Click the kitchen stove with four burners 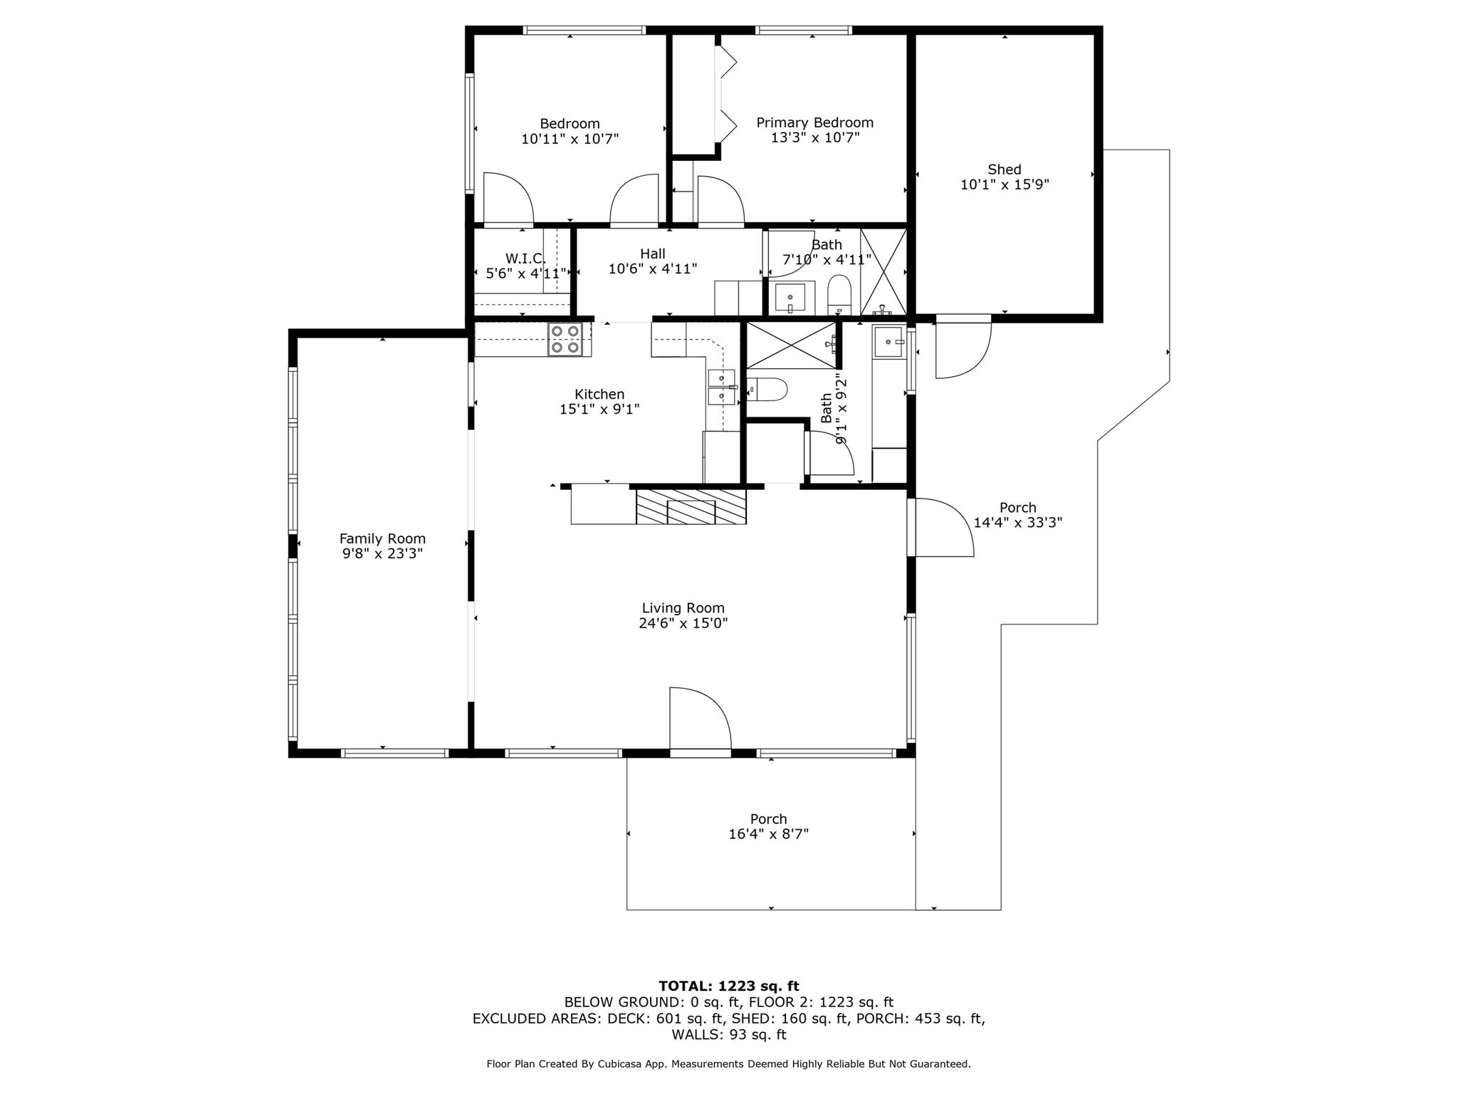pos(565,339)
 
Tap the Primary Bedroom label pos(814,123)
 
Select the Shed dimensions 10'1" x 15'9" pos(1005,185)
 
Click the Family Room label pos(382,539)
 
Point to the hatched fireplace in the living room pos(691,506)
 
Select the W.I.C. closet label pos(525,258)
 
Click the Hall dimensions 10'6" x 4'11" pos(652,269)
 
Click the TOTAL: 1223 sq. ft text pos(728,986)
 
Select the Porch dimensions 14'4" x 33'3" pos(1017,523)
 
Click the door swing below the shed pos(960,350)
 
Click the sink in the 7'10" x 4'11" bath pos(790,298)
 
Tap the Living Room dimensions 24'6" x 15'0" pos(683,623)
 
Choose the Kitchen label pos(599,394)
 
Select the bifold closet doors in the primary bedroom pos(726,93)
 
